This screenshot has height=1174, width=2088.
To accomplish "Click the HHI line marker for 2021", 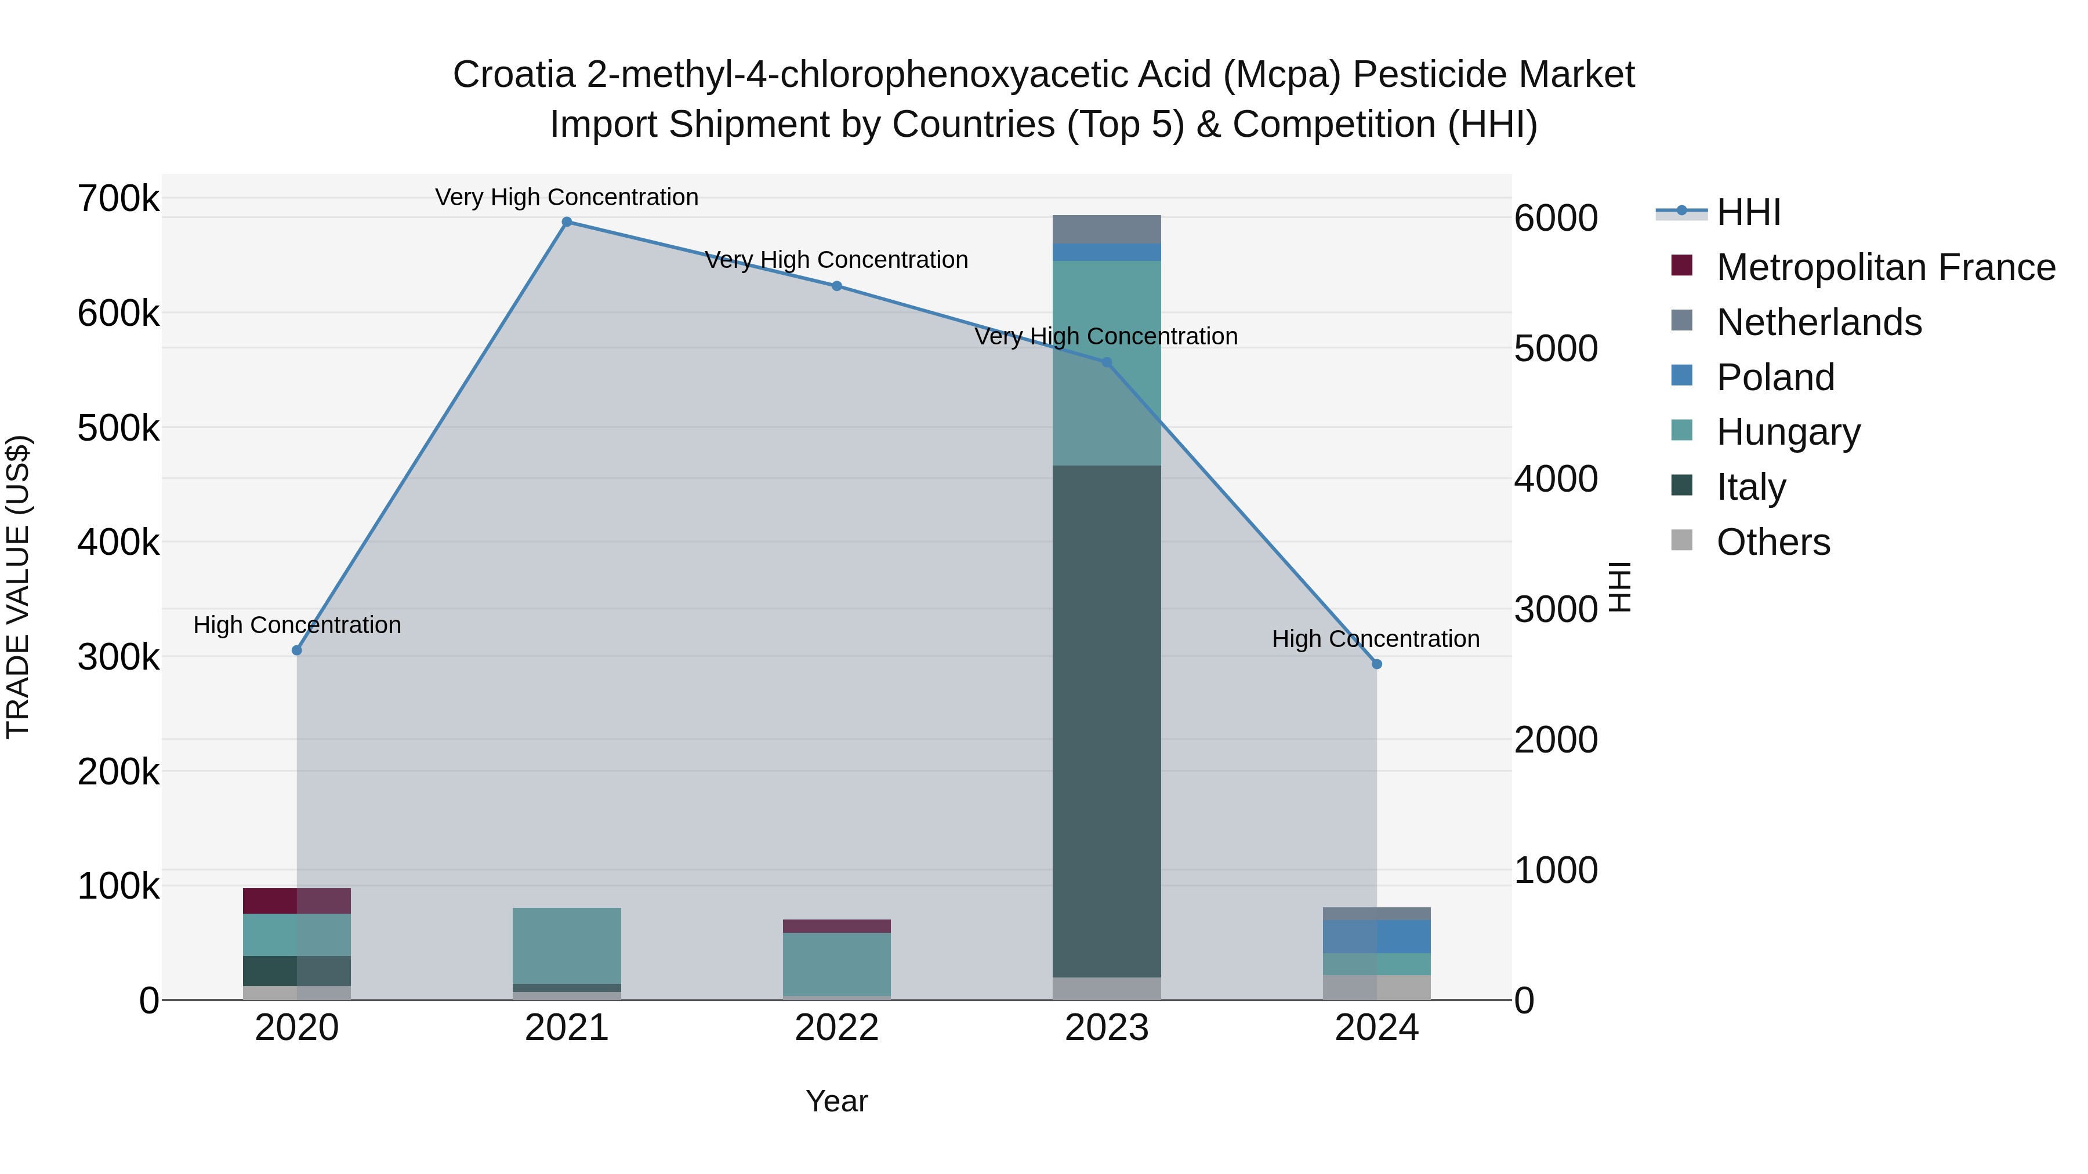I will coord(567,222).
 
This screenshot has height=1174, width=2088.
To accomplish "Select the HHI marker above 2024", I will coord(1376,664).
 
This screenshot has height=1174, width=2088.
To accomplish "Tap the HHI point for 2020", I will coord(296,650).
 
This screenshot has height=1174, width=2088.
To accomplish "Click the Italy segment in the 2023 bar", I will coord(1107,721).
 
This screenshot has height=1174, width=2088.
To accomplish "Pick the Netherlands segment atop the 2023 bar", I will coord(1107,229).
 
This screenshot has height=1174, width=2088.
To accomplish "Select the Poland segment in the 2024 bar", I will coord(1376,937).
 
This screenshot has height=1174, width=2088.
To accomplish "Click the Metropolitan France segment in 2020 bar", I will coord(296,901).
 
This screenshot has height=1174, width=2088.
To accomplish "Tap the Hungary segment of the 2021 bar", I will coord(567,946).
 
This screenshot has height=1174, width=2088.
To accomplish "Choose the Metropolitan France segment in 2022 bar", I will coord(836,926).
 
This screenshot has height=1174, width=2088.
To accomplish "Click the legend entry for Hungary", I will coord(1788,432).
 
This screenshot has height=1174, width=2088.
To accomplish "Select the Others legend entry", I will coord(1772,542).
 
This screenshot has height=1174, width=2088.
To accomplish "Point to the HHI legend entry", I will coord(1748,212).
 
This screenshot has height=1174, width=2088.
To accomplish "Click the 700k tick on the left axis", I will coord(118,198).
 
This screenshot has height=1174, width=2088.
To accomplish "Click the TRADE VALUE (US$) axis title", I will coord(18,587).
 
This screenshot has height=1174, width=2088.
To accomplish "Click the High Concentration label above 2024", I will coord(1376,639).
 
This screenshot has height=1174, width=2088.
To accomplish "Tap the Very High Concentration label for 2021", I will coord(567,198).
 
